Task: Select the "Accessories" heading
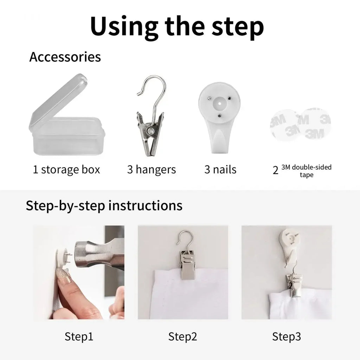pos(65,57)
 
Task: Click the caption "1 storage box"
pos(66,170)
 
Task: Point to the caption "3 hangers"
pos(152,170)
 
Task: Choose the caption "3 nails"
pos(220,170)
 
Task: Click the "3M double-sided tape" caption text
pos(307,171)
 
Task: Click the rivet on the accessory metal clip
pos(151,131)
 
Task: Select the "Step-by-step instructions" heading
pos(104,205)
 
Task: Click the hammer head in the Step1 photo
pos(99,254)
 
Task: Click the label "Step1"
pos(79,336)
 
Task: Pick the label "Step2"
pos(182,336)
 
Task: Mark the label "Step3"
pos(286,336)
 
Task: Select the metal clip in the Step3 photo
pos(294,286)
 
